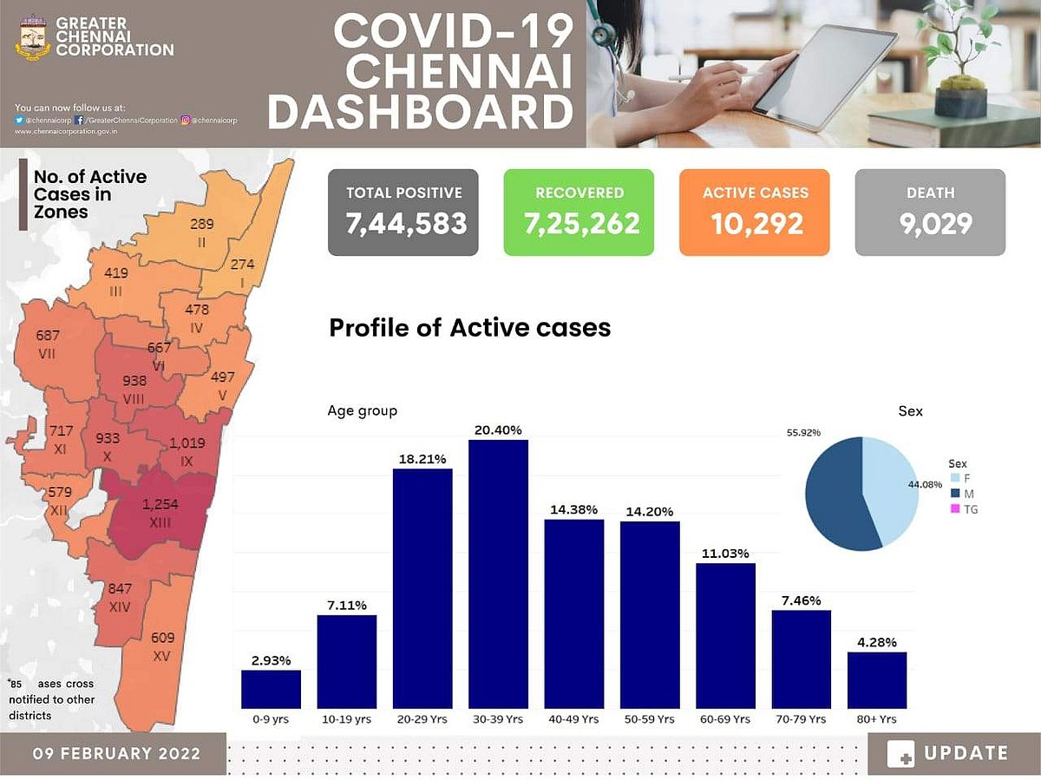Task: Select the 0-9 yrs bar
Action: [x=271, y=689]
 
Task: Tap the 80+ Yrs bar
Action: [x=876, y=679]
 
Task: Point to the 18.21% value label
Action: [x=423, y=458]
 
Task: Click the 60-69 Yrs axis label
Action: [x=725, y=719]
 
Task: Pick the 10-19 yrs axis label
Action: [x=347, y=719]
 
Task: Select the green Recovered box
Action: [x=579, y=213]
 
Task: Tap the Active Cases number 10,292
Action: [x=755, y=224]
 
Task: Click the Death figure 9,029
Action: [x=930, y=224]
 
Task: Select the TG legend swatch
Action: [x=955, y=510]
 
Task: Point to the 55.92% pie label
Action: [x=803, y=432]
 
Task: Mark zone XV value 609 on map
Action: [x=162, y=638]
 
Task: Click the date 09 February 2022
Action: [x=116, y=753]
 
